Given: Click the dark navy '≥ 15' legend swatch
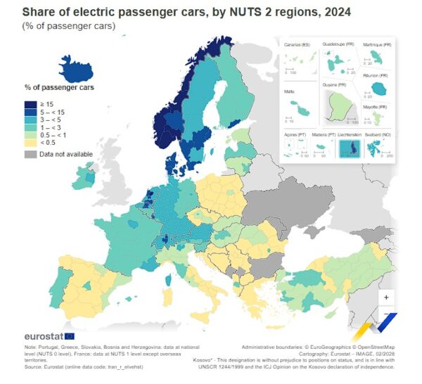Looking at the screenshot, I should point(31,103).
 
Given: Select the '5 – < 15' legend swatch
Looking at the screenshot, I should point(31,112).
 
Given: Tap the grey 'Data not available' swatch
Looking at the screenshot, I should point(31,153).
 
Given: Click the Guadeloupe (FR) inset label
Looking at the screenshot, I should point(338,44).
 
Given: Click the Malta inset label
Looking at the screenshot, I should point(290,91).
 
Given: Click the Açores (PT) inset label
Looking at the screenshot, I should point(294,134).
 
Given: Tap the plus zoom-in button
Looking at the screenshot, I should point(386,296).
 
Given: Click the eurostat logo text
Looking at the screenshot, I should point(46,335).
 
